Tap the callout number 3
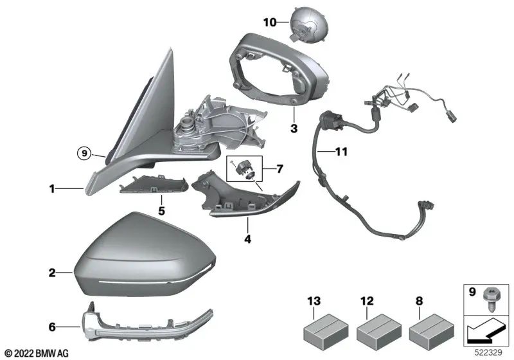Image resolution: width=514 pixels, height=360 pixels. click(x=293, y=129)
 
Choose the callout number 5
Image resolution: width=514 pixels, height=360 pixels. click(x=161, y=210)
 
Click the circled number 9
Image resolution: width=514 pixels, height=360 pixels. click(x=82, y=153)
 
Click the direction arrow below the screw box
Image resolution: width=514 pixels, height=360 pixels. click(x=485, y=331)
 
